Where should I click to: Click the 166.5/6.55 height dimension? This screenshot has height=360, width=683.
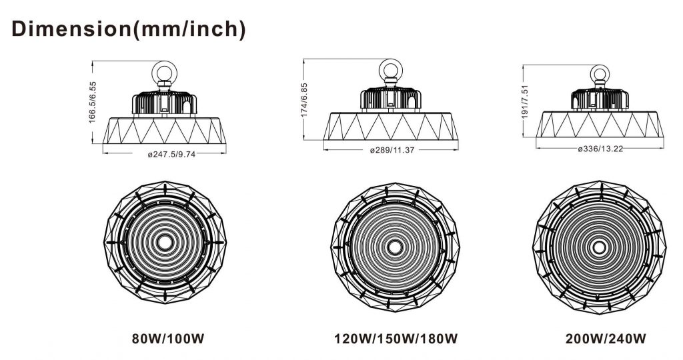coord(93,102)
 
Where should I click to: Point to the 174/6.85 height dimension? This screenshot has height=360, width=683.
coord(305,100)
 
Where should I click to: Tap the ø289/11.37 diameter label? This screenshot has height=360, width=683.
coord(392,150)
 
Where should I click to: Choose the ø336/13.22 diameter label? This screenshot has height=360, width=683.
coord(600,148)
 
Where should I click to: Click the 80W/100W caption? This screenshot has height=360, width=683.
coord(165,339)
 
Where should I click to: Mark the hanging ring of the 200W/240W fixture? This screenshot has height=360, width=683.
coord(600,73)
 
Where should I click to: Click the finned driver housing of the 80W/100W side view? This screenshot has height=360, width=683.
coord(165,102)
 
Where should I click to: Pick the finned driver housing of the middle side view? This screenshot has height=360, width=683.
coord(392,98)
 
